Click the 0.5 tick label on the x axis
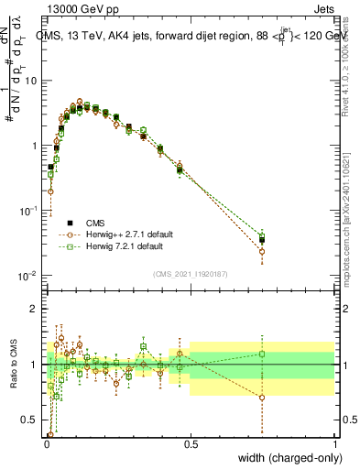pyautogui.click(x=190, y=444)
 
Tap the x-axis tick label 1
pyautogui.click(x=334, y=444)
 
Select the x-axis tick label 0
pyautogui.click(x=46, y=444)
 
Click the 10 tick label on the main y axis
pyautogui.click(x=30, y=81)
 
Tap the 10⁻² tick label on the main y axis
pyautogui.click(x=28, y=276)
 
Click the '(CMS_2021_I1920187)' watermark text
pyautogui.click(x=190, y=272)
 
